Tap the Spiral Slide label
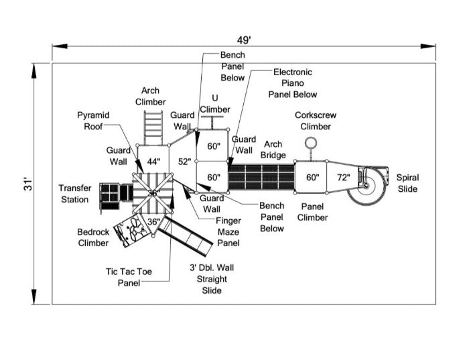pyautogui.click(x=407, y=183)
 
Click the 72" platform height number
pyautogui.click(x=343, y=178)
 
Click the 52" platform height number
pyautogui.click(x=185, y=162)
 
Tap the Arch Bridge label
pyautogui.click(x=273, y=149)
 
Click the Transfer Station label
pyautogui.click(x=74, y=194)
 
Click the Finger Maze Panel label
pyautogui.click(x=228, y=231)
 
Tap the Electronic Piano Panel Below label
pyautogui.click(x=292, y=83)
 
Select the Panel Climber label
pyautogui.click(x=313, y=212)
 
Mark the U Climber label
pyautogui.click(x=214, y=104)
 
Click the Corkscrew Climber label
pyautogui.click(x=315, y=121)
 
